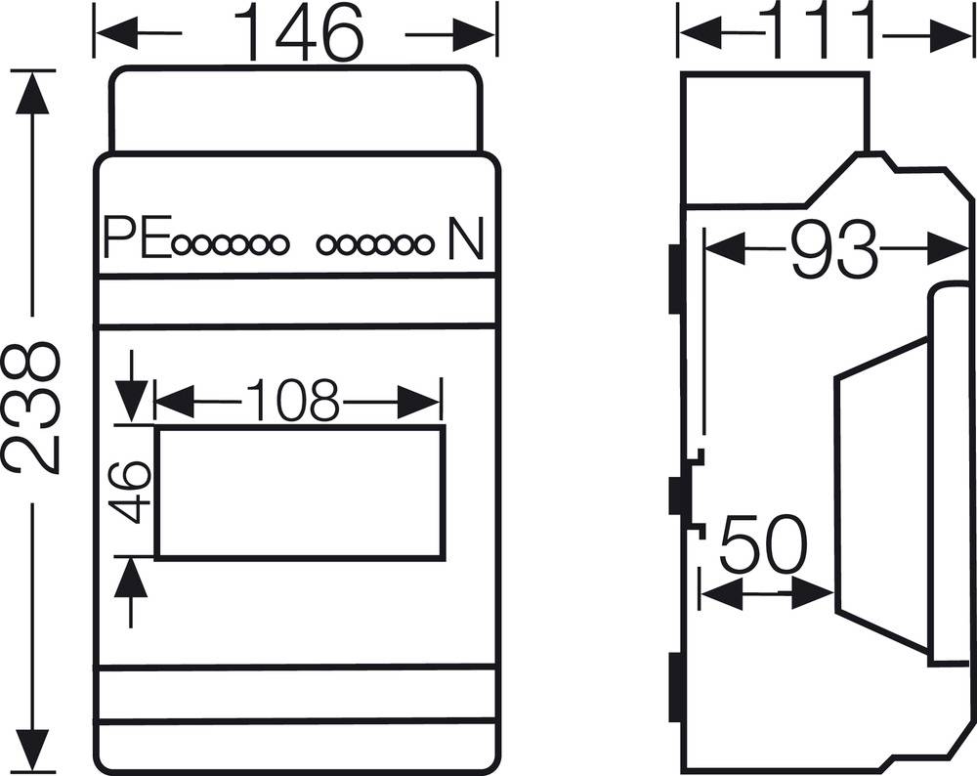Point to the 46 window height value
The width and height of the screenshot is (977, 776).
point(130,491)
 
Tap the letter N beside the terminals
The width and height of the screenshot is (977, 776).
point(465,241)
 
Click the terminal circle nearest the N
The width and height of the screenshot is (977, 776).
point(422,245)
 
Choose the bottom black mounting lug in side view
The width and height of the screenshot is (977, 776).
point(674,690)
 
